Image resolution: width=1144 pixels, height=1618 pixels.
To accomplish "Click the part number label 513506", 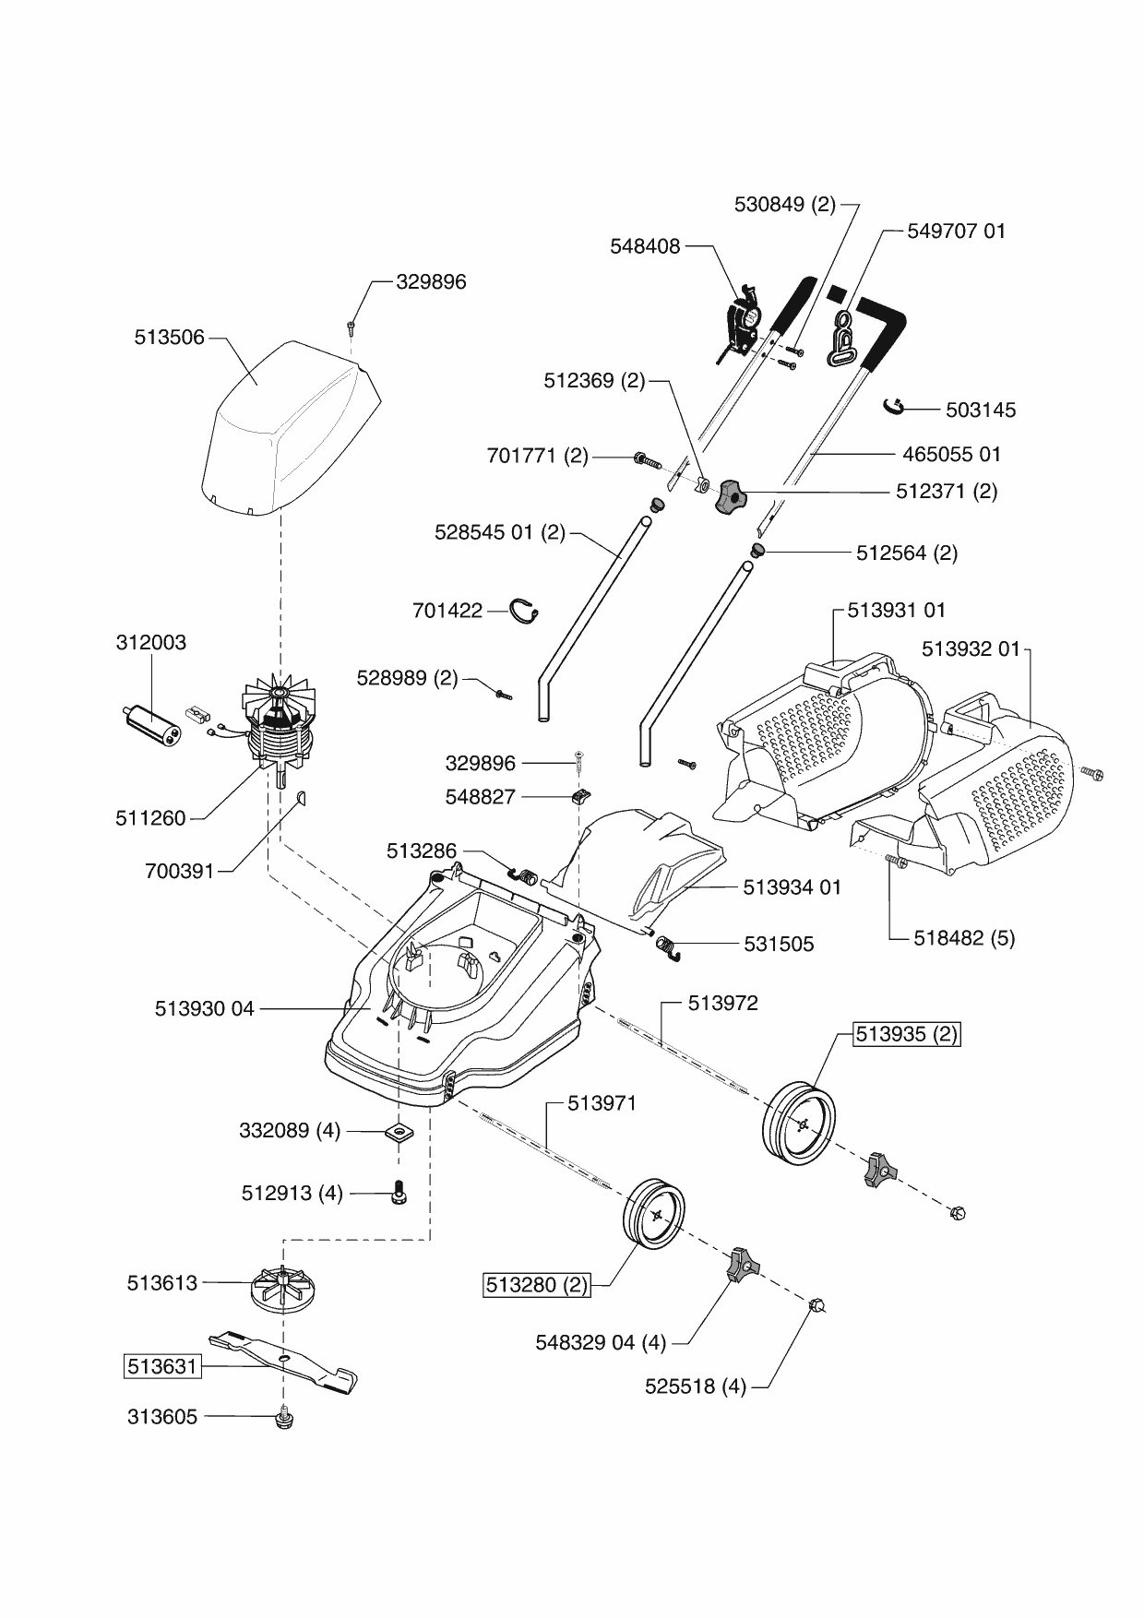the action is (x=169, y=339).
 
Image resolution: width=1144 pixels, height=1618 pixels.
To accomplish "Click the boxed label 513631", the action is (x=162, y=1366).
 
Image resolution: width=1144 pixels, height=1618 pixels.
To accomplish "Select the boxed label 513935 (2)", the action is (x=907, y=1034).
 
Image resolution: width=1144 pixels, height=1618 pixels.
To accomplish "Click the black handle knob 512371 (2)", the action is (x=728, y=496).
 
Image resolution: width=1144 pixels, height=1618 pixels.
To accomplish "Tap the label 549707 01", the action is (x=957, y=231).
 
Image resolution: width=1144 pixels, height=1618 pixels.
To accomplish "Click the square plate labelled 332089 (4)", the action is (x=399, y=1131).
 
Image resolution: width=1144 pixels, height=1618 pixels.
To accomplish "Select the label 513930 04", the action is (x=204, y=1009).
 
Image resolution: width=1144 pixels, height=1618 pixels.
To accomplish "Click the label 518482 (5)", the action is (x=964, y=938).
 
